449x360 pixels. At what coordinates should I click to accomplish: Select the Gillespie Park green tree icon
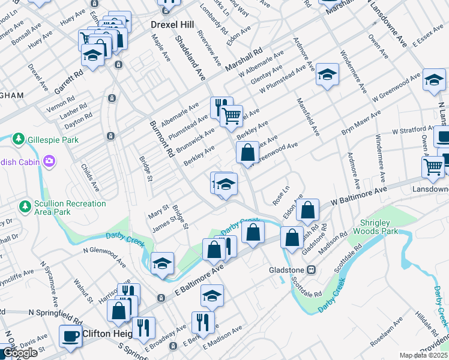[19, 140]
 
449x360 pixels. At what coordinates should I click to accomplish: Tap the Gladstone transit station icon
[312, 270]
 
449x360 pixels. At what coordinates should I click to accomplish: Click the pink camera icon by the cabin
[49, 161]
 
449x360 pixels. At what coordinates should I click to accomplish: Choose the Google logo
[19, 353]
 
